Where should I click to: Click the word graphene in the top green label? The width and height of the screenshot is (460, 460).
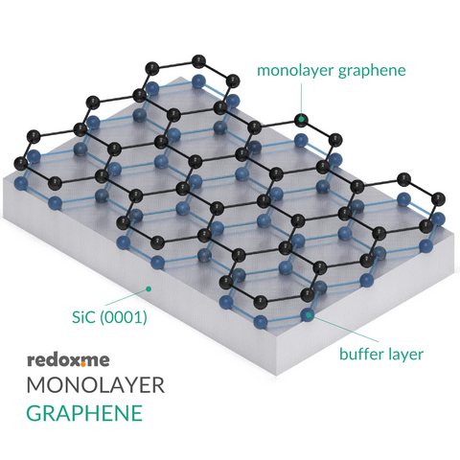tap(372, 71)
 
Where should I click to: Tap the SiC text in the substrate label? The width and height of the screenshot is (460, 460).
tap(83, 317)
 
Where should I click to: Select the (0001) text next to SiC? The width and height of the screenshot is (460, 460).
tap(124, 317)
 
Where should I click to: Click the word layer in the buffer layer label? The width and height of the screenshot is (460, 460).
tap(404, 356)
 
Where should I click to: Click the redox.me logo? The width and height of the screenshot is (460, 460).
tap(68, 360)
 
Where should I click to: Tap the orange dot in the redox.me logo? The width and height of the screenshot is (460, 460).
tap(83, 364)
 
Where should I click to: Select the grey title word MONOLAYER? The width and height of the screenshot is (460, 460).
tap(96, 385)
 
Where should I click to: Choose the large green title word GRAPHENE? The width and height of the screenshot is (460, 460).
tap(84, 413)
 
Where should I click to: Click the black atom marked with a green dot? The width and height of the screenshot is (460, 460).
tap(301, 120)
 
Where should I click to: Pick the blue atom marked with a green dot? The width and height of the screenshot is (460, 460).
tap(308, 316)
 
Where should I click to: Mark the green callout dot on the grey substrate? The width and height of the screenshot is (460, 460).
tap(149, 289)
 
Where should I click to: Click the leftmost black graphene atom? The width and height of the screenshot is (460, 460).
tap(22, 164)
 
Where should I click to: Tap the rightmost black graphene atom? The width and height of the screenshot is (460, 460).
tap(438, 199)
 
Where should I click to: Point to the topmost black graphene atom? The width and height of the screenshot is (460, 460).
tap(198, 61)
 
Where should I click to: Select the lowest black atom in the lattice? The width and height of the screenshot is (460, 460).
tap(261, 302)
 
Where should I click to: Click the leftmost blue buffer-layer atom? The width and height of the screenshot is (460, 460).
tap(21, 183)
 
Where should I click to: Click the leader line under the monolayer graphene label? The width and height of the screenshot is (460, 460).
tap(301, 99)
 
